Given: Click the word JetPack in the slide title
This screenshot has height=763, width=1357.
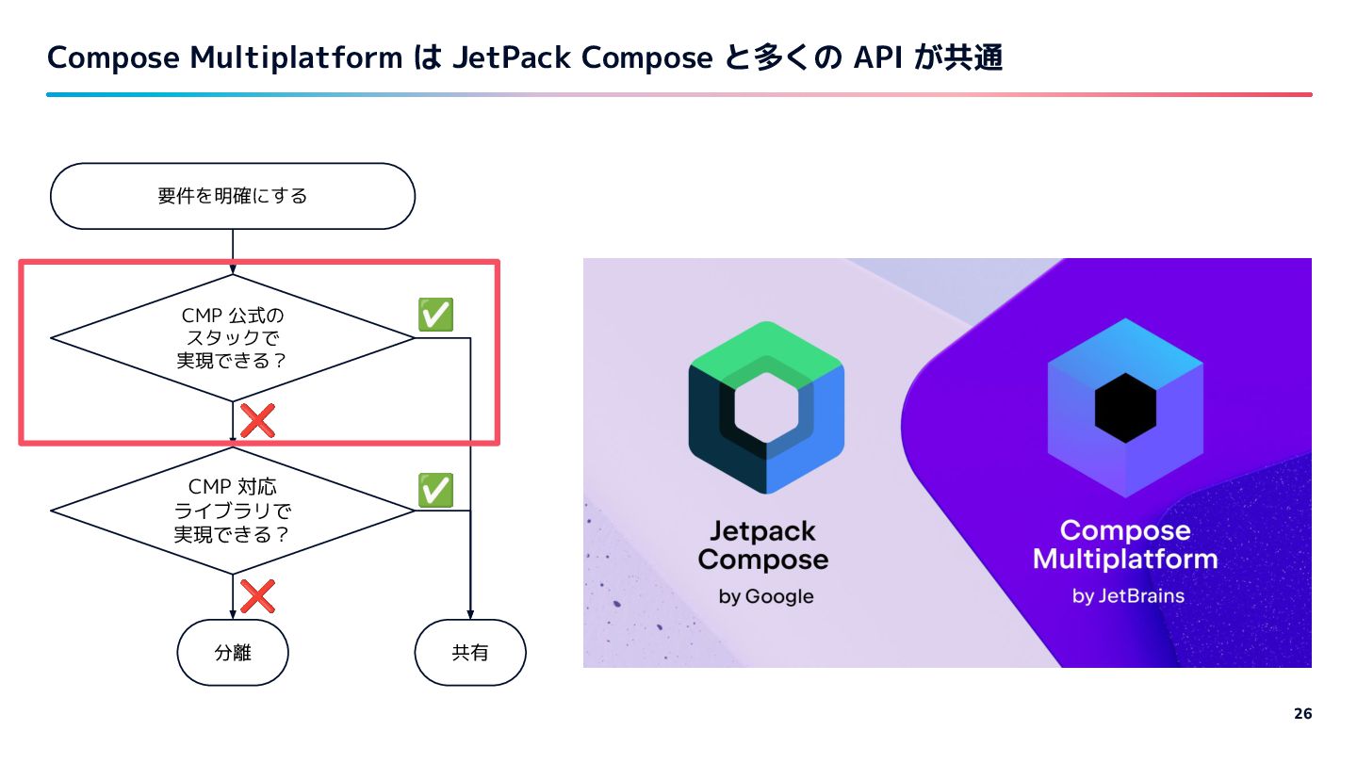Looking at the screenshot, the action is point(512,57).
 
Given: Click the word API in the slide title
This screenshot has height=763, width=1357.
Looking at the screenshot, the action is point(878,57).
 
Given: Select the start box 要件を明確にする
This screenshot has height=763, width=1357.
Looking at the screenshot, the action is point(233,196).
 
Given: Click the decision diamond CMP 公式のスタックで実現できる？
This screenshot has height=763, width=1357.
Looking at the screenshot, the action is point(233,338).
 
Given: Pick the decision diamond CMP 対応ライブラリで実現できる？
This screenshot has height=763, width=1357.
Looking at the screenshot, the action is point(233,511).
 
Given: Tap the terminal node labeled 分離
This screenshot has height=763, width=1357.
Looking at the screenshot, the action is point(233,652).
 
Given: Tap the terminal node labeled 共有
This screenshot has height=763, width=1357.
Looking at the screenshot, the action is point(470,652).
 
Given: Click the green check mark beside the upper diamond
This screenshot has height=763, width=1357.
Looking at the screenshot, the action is point(435,315).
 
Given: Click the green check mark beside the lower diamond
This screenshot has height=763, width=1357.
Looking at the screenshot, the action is point(435,490).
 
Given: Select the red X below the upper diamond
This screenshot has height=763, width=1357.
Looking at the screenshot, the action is point(257,420).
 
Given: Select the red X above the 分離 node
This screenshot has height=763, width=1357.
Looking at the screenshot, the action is point(257,596).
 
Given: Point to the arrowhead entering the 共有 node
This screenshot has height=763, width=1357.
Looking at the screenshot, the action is point(470,614).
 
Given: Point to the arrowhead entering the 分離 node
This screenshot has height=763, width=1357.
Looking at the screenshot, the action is point(233,614).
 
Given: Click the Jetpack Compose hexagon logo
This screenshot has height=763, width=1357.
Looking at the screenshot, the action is point(766,408).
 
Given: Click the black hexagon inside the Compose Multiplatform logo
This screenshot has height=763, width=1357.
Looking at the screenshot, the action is point(1125,408).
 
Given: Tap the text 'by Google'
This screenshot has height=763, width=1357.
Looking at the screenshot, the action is point(766,596).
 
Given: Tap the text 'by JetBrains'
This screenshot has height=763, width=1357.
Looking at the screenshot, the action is point(1128,596).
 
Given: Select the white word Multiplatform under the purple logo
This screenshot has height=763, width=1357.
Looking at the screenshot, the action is point(1125,560).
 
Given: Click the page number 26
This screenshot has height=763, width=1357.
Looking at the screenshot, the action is point(1303,713).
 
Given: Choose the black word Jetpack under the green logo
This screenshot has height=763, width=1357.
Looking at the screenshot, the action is point(762,531).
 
